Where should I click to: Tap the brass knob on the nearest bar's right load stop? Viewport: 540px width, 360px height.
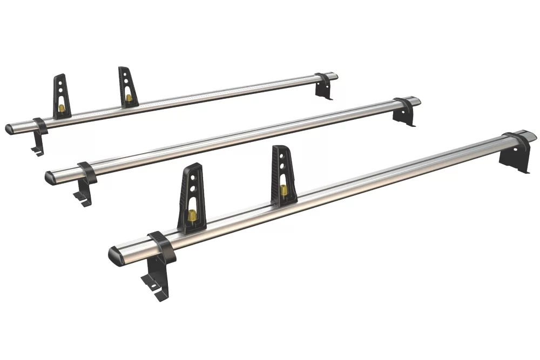coord(283,191)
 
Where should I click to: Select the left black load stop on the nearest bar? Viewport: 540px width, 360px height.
coord(191,197)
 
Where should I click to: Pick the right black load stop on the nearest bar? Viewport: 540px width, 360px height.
coord(283,174)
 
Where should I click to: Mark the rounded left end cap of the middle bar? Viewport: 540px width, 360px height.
coord(50,177)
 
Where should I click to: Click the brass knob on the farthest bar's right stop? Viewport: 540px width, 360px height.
coord(128,98)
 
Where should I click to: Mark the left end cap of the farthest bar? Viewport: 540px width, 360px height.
coord(10,129)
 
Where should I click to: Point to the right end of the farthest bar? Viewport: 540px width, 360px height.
coord(334,76)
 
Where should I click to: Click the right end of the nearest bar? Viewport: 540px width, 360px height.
coord(531,134)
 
